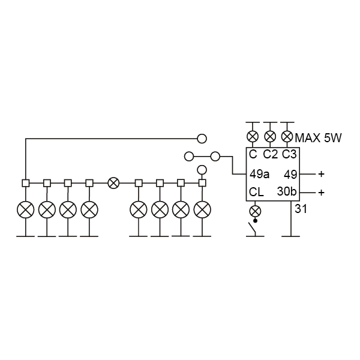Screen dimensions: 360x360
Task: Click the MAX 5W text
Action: [x=318, y=138]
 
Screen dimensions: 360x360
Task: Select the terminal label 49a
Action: [x=259, y=174]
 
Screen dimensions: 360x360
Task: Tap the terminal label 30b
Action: [x=287, y=192]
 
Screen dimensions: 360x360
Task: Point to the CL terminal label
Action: [x=256, y=192]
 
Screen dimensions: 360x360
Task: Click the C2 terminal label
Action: [x=270, y=154]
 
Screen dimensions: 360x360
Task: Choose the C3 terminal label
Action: [x=289, y=154]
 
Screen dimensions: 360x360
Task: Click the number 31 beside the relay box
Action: [x=301, y=209]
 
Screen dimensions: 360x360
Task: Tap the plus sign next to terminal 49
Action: [x=322, y=174]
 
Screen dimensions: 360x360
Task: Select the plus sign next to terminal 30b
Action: [x=322, y=192]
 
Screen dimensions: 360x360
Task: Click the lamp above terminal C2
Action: [x=270, y=137]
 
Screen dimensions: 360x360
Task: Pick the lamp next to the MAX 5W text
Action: [x=287, y=137]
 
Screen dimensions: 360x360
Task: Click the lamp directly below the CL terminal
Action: [x=255, y=211]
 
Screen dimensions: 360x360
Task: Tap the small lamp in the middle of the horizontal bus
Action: [x=113, y=183]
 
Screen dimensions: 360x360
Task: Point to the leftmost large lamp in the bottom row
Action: [x=26, y=209]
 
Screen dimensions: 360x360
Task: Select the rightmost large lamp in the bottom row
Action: [x=202, y=209]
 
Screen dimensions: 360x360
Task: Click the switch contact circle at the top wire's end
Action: [x=202, y=139]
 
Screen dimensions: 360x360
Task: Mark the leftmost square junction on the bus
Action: [x=26, y=183]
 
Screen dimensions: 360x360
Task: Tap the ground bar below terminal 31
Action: [x=291, y=236]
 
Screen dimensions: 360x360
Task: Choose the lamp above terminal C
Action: [x=253, y=137]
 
